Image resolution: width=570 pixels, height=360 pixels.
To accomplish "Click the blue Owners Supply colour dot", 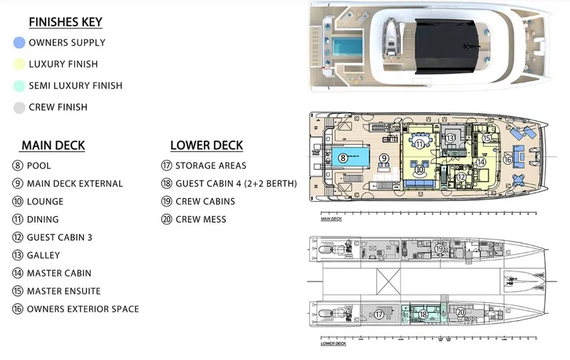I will [x=19, y=43].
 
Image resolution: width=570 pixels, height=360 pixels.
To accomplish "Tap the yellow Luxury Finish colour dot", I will [x=19, y=64].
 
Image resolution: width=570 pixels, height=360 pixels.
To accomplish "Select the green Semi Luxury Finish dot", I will [x=19, y=86].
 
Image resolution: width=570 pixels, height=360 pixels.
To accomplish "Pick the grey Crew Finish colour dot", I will [x=19, y=108].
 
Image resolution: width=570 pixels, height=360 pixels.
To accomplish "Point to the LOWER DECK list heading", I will [x=207, y=145].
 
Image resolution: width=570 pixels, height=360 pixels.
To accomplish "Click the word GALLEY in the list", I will [x=43, y=255].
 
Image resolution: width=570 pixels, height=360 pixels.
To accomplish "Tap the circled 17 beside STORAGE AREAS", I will [x=166, y=165].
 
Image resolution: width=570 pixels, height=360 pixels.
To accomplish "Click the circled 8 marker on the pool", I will [x=343, y=158].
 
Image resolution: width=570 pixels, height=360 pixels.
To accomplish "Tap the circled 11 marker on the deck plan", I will [x=420, y=143].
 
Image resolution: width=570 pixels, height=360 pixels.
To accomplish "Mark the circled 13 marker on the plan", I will [x=450, y=138].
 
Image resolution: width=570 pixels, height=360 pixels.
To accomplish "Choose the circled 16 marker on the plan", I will [x=507, y=160].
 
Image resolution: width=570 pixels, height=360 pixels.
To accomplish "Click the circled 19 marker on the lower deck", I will [x=440, y=248].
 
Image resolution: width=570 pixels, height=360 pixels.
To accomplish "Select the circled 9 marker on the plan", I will [x=383, y=158].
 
